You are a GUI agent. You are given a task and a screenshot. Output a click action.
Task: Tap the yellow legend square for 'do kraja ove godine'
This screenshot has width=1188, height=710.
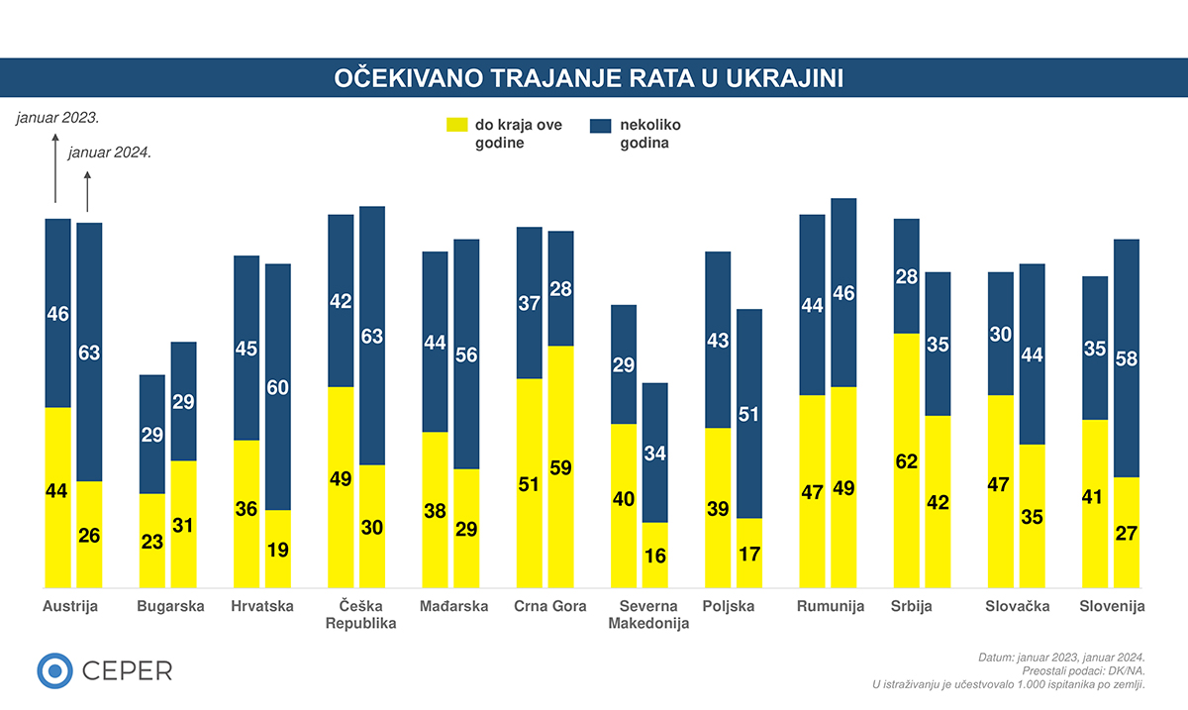click(x=456, y=125)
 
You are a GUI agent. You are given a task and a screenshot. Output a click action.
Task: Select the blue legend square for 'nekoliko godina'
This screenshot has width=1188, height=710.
click(x=600, y=125)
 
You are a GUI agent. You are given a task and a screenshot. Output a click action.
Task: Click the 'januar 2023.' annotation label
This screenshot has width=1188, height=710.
click(x=57, y=118)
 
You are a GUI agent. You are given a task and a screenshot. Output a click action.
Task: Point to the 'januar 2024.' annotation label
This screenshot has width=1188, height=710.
click(x=109, y=152)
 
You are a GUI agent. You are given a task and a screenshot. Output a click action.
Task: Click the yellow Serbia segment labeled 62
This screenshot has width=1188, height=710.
click(x=906, y=459)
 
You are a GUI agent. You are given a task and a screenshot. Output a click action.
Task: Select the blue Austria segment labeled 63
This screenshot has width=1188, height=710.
click(x=89, y=352)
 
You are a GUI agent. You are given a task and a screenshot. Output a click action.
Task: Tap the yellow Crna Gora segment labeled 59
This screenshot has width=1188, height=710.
click(x=560, y=465)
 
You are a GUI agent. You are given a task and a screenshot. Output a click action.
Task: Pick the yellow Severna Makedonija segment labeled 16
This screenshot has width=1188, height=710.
click(x=654, y=554)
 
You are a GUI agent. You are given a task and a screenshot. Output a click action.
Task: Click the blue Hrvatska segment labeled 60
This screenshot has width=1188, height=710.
click(x=278, y=386)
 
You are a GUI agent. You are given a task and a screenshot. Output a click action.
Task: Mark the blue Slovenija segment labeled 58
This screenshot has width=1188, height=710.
click(x=1126, y=357)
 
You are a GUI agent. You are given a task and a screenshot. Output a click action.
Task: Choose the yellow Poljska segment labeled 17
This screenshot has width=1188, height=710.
click(x=749, y=552)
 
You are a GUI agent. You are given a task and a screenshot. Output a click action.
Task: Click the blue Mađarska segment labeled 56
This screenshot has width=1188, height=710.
click(x=466, y=354)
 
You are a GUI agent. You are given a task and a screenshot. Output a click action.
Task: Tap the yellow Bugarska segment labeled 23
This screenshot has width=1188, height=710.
click(x=151, y=540)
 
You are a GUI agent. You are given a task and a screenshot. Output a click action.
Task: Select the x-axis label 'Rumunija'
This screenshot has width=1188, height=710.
click(x=831, y=606)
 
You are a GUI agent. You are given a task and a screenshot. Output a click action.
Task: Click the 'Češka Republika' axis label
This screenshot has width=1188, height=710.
click(x=360, y=615)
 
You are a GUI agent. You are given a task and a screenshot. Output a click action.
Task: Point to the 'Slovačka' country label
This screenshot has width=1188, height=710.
click(x=1018, y=606)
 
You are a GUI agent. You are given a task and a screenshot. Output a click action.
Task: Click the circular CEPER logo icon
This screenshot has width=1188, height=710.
click(x=55, y=670)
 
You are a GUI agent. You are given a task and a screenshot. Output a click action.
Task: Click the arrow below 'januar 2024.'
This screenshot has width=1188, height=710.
click(x=88, y=190)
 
